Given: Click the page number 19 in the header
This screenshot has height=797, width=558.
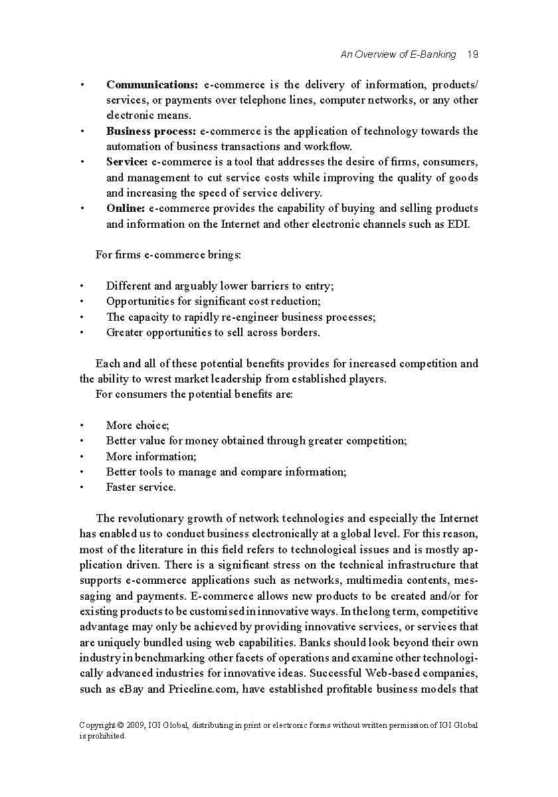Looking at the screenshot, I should [x=473, y=54].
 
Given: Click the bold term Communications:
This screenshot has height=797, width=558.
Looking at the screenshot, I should [x=152, y=85].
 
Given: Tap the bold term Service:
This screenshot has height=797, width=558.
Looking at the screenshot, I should [x=128, y=162].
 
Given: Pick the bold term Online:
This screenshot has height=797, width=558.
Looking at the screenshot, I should [x=126, y=209].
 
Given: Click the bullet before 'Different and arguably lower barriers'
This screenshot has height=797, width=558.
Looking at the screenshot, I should [x=82, y=286].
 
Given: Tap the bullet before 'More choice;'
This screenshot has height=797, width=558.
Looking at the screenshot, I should [x=82, y=426].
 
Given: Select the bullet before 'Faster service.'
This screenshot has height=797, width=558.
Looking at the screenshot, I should [x=82, y=487].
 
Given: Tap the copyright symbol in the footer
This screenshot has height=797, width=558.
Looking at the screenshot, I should [x=115, y=725].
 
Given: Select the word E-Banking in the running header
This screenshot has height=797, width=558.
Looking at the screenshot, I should [x=433, y=54].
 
